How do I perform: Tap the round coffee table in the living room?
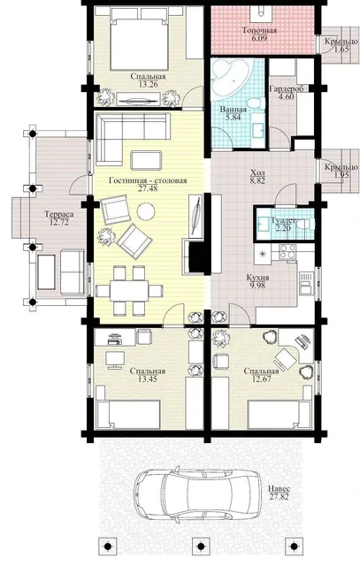[x=146, y=211]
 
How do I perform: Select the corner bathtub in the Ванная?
[x=231, y=79]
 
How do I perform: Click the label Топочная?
[x=259, y=30]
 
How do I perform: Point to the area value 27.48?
[x=148, y=188]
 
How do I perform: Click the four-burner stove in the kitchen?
[x=287, y=251]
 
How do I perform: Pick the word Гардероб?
[x=287, y=88]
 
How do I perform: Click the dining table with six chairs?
[x=129, y=290]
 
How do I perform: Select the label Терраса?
[x=59, y=214]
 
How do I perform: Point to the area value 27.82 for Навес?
[x=280, y=497]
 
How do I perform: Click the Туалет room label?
[x=284, y=220]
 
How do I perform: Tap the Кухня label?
[x=257, y=278]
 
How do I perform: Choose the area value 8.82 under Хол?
[x=257, y=180]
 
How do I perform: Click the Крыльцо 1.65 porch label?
[x=341, y=45]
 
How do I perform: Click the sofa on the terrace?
[x=72, y=272]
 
